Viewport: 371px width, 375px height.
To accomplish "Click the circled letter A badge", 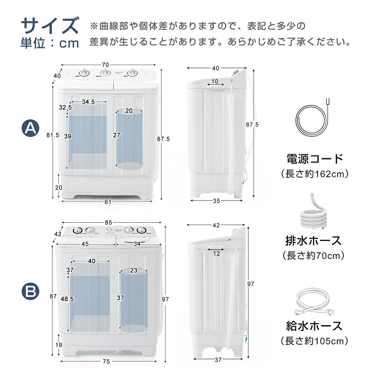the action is (30, 128).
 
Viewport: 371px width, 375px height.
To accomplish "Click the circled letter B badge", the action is (30, 291).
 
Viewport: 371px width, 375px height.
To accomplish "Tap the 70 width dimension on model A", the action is (105, 65).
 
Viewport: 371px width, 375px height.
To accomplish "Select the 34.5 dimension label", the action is (88, 102).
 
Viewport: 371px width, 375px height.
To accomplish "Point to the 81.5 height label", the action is (53, 135).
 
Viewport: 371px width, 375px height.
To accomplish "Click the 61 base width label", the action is (108, 202).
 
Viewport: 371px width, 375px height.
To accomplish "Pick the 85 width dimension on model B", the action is (108, 222).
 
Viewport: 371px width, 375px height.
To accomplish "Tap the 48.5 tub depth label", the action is (67, 299).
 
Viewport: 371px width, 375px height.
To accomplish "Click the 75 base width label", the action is (106, 361).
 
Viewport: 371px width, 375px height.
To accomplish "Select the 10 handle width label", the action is (215, 81).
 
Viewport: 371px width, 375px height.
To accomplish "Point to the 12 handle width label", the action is (216, 254).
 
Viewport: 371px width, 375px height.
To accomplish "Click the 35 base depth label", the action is (216, 201).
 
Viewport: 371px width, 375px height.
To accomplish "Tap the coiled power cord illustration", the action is (312, 119).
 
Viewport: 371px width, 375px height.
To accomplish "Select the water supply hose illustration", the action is (314, 301).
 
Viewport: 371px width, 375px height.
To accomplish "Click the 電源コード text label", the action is (315, 159).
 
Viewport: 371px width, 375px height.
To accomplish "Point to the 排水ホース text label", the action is (313, 241).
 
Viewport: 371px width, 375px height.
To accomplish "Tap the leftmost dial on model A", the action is (84, 73).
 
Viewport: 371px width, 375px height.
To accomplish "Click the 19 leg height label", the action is (59, 345).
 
